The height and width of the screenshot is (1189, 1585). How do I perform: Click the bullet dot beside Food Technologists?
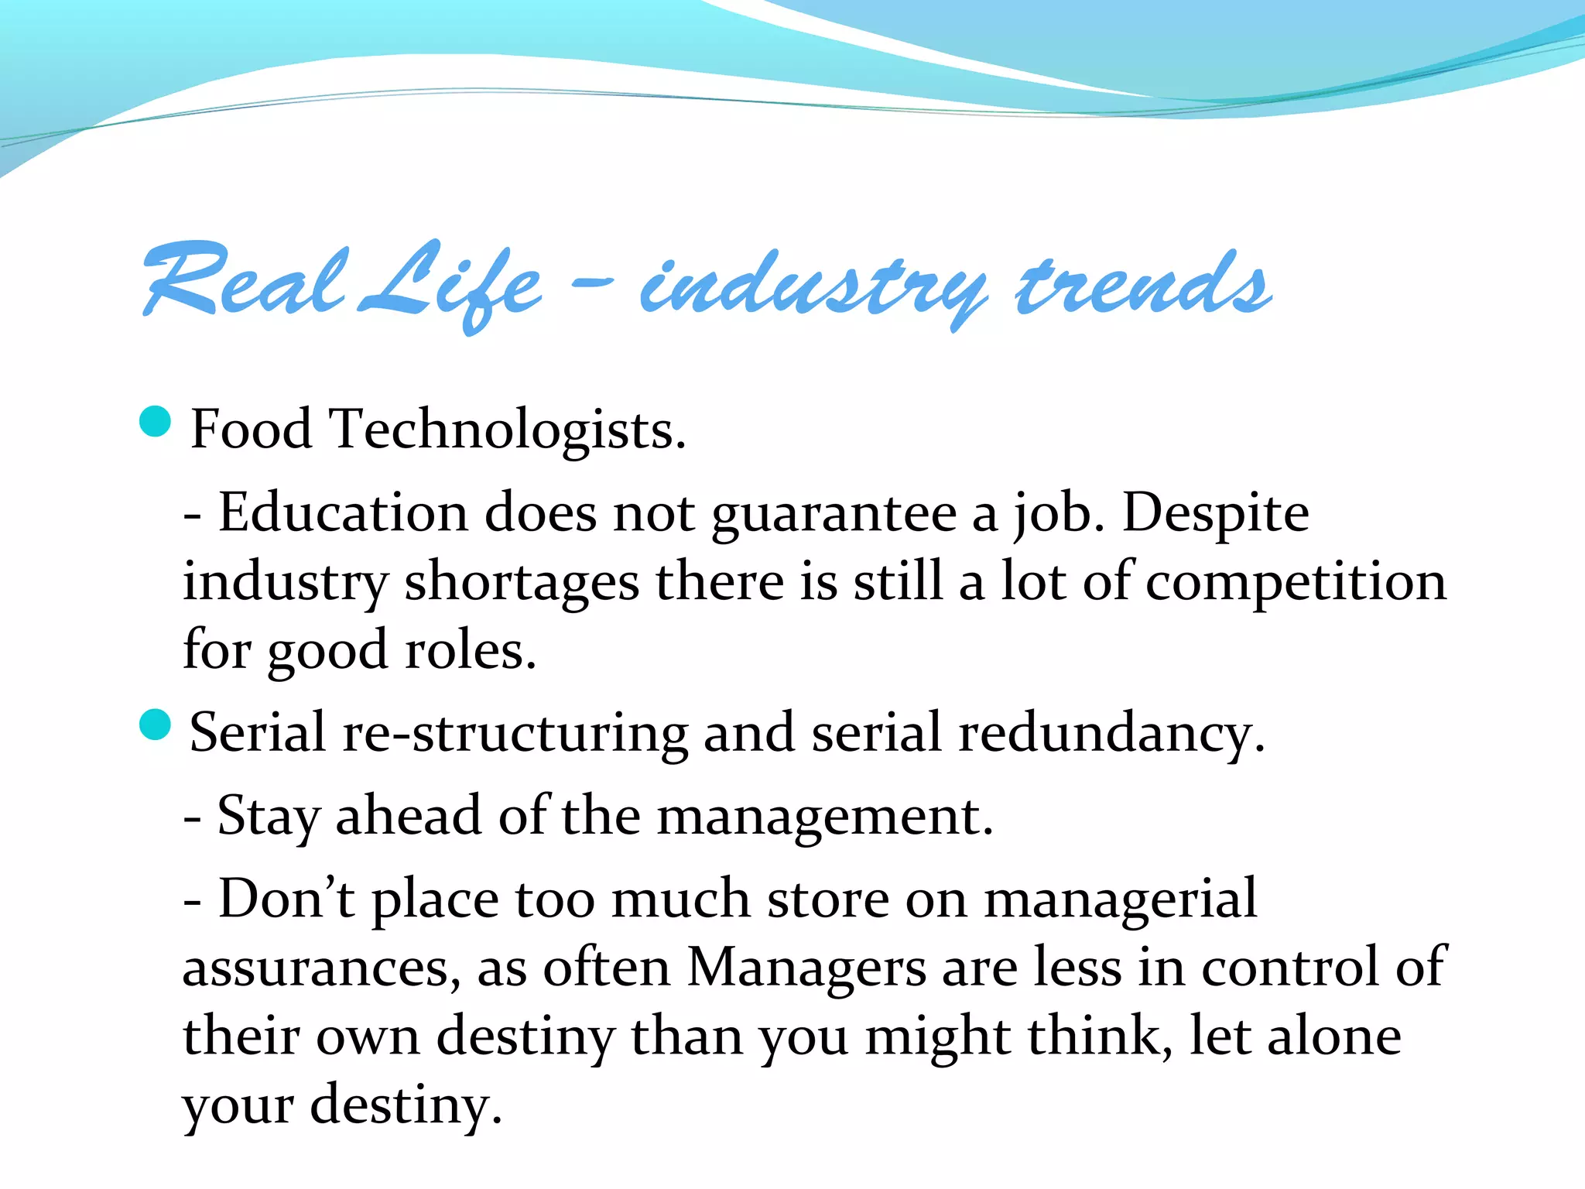(x=156, y=422)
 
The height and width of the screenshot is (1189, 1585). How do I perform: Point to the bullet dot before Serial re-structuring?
(x=156, y=725)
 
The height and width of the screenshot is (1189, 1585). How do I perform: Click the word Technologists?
(x=508, y=430)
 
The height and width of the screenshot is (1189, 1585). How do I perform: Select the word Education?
(x=343, y=512)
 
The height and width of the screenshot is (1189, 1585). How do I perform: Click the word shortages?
(x=522, y=583)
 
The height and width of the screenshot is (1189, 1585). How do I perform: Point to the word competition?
(x=1296, y=583)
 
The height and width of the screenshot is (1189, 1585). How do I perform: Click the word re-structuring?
(x=515, y=732)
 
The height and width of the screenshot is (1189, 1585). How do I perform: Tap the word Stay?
(x=268, y=817)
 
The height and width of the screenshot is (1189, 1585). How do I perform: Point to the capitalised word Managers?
(x=806, y=968)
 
